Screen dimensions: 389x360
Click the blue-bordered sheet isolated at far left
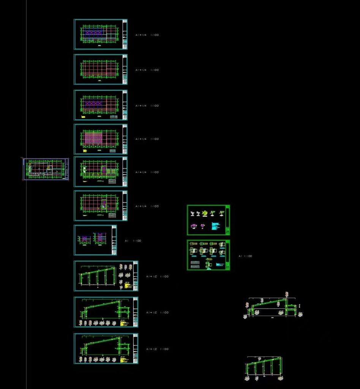click(x=46, y=169)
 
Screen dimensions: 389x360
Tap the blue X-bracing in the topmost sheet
click(x=93, y=33)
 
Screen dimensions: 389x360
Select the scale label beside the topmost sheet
click(x=147, y=35)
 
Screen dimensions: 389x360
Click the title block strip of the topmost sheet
click(x=125, y=34)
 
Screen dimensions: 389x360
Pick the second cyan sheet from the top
click(x=100, y=70)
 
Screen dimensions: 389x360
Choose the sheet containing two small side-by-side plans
click(x=95, y=240)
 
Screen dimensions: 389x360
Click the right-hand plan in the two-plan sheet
click(x=100, y=238)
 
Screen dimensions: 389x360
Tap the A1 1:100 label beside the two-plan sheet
click(x=133, y=240)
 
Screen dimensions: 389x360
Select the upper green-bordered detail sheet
click(x=208, y=220)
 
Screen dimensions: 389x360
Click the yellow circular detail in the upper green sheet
click(x=205, y=213)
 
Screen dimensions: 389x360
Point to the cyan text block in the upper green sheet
click(x=214, y=227)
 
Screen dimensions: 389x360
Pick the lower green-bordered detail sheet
click(x=208, y=255)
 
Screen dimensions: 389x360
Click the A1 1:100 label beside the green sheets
click(x=245, y=256)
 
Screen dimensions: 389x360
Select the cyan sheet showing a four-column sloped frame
click(x=106, y=276)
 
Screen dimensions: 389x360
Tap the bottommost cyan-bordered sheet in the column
click(x=106, y=349)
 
